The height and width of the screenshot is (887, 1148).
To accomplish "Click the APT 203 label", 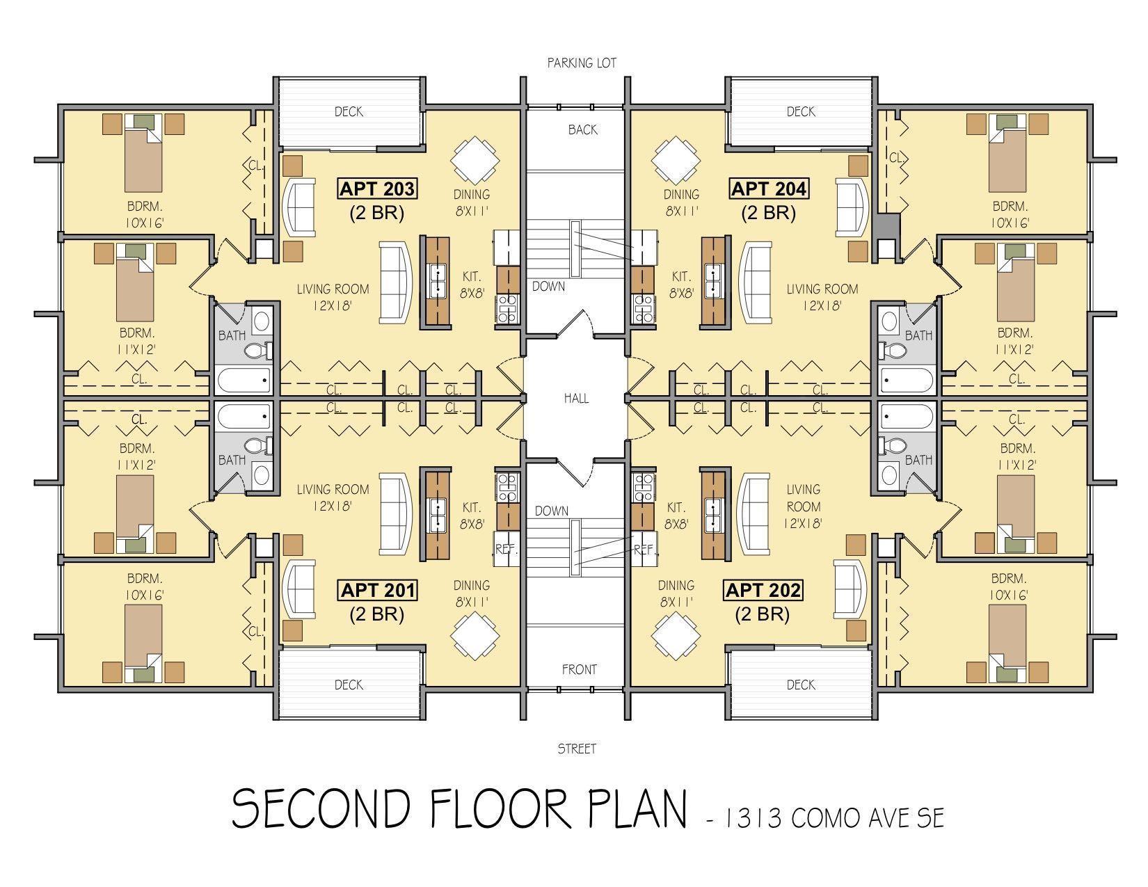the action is (x=377, y=189).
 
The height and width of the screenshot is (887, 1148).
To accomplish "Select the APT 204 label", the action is (x=769, y=189).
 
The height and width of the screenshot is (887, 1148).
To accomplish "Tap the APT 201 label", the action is (x=377, y=590).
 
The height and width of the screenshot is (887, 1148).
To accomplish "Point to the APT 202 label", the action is (x=763, y=590).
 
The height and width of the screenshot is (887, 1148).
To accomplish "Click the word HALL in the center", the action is (x=576, y=399).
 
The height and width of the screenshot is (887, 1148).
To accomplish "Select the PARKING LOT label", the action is (x=582, y=63).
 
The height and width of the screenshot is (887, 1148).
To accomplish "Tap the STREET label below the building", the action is (x=577, y=749).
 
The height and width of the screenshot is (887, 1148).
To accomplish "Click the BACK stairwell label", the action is (x=583, y=130).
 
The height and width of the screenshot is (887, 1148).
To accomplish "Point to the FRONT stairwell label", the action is (x=580, y=670).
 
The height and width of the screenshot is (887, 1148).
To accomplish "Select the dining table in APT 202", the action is (x=676, y=636).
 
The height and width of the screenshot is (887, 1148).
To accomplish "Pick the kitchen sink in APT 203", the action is (x=438, y=280).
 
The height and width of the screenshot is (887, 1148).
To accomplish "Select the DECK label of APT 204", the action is (x=801, y=112).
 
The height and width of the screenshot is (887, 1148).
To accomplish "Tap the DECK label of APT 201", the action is (x=349, y=685).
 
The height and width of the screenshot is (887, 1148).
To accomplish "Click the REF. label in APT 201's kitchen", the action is (x=506, y=550).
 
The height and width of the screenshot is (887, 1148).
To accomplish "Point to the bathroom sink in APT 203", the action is (x=262, y=320).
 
